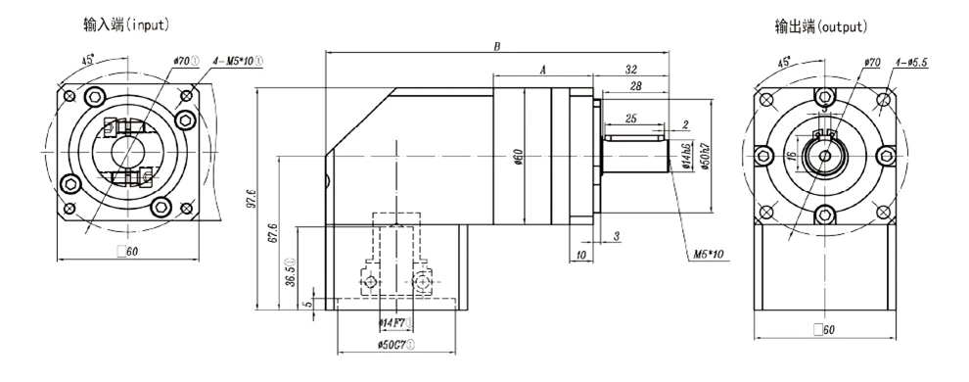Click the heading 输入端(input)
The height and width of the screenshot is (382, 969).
tap(126, 24)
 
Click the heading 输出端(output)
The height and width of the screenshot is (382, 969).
tap(821, 26)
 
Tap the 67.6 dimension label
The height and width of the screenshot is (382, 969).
tap(273, 232)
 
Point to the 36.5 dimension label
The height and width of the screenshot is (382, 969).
tap(290, 272)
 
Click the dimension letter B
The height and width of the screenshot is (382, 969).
tap(497, 46)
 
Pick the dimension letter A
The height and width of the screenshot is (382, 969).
tap(543, 70)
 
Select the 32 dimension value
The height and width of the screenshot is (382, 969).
tap(631, 70)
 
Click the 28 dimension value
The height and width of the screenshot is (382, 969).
tap(635, 86)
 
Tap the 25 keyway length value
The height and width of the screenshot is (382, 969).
tap(631, 119)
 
